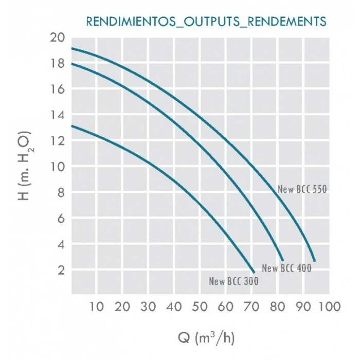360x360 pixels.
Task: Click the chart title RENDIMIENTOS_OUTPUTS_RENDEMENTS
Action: coord(206,22)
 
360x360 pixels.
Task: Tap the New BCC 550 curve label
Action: coord(302,189)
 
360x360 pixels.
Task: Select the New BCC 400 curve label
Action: coord(286,268)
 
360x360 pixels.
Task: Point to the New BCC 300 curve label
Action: coord(233,281)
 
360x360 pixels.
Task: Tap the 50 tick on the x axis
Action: coord(200,307)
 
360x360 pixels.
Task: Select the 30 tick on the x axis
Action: coord(148,307)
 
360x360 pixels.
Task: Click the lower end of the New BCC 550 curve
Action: coord(314,261)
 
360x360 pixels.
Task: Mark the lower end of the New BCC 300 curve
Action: coord(254,272)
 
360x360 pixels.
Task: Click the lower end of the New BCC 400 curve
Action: coord(282,260)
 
